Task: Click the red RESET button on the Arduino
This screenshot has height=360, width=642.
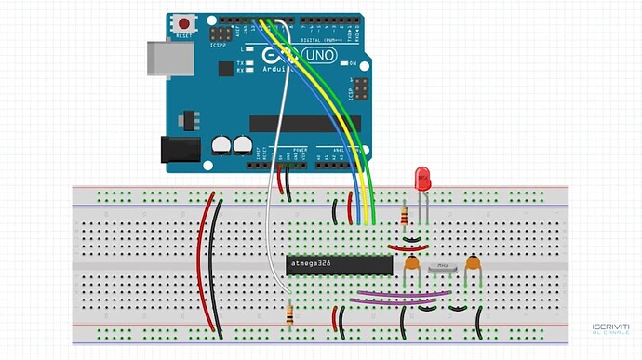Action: coord(187,23)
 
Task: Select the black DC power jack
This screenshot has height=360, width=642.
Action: coord(181,150)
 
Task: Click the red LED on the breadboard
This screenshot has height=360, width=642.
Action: coord(422,177)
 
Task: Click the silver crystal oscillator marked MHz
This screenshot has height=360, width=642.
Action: coord(444,267)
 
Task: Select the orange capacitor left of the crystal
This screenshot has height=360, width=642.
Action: coord(410,264)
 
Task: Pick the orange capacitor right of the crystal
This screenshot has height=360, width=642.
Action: coord(474,264)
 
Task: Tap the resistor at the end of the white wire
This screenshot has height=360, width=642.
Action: coord(293,315)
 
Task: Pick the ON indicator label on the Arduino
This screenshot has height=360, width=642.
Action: coord(353,63)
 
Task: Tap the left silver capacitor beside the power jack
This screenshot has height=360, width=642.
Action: coord(221,145)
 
